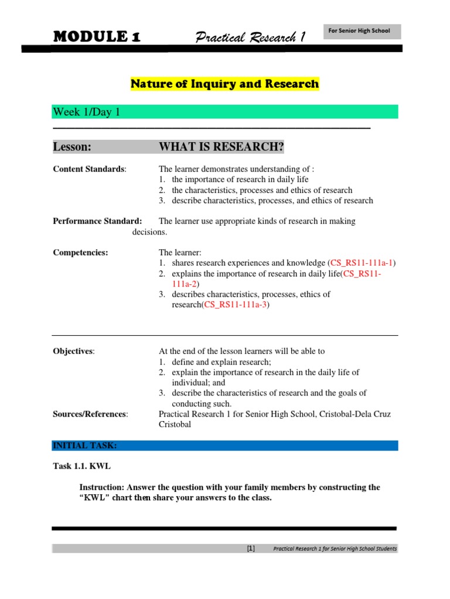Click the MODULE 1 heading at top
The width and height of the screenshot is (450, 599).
click(97, 37)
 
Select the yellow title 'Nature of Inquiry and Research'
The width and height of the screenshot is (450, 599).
click(224, 84)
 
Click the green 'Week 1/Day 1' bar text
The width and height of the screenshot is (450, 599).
click(87, 112)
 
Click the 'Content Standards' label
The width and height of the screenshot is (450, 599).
click(88, 169)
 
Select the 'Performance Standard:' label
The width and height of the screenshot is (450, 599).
click(97, 221)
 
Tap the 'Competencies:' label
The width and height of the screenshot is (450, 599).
click(80, 253)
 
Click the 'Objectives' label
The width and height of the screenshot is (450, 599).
click(73, 351)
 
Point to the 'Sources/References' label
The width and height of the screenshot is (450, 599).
click(90, 414)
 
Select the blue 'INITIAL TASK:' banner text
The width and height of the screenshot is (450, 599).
click(85, 446)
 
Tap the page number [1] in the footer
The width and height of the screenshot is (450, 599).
click(251, 549)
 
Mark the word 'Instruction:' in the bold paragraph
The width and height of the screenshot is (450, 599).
click(103, 487)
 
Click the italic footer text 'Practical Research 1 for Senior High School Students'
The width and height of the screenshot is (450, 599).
click(335, 549)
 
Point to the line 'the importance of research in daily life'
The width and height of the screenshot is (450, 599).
click(240, 180)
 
